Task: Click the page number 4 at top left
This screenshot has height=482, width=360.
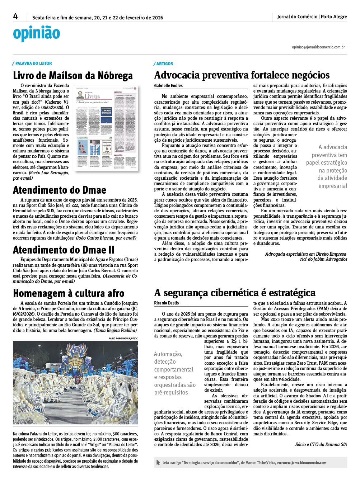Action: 15,16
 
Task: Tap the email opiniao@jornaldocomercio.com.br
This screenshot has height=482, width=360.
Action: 318,47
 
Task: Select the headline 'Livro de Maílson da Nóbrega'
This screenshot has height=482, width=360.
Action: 73,76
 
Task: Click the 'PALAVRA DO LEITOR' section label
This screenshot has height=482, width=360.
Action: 33,63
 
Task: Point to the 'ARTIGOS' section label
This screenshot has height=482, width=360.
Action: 164,64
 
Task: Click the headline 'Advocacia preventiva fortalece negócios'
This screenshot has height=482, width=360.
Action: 242,75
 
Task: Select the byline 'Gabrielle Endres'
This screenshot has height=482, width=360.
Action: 168,86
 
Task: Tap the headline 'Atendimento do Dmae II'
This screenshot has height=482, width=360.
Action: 64,250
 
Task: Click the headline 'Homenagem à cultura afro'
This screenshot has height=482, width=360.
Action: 69,293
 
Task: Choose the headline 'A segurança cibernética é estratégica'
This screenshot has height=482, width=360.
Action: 235,293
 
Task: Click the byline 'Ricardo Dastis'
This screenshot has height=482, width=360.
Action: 166,303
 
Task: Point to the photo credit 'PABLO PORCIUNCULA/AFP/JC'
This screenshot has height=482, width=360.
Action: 123,339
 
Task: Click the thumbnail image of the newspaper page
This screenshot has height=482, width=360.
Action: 106,128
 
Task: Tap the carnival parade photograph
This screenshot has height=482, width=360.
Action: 75,383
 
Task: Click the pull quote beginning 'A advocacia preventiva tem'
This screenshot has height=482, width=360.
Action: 327,166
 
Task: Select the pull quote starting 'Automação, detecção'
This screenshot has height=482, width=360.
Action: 175,373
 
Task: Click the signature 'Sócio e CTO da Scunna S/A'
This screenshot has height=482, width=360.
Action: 321,444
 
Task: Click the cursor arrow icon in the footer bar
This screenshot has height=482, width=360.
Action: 158,463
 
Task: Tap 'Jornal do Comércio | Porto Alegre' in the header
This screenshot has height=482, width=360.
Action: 312,16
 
